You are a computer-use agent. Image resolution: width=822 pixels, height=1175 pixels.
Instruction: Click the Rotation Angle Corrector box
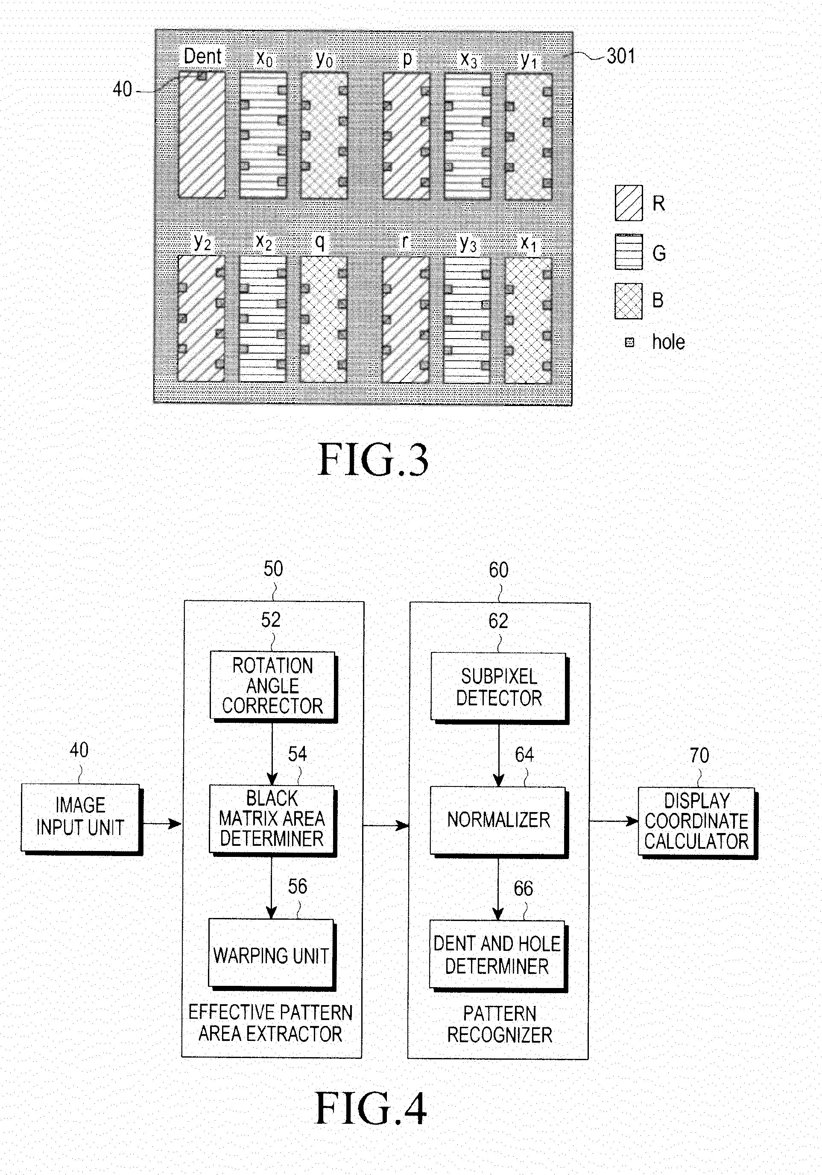click(x=273, y=686)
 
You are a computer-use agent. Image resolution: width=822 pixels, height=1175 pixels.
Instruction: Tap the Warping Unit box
click(x=272, y=954)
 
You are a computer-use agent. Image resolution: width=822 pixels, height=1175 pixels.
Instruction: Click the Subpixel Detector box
click(x=500, y=687)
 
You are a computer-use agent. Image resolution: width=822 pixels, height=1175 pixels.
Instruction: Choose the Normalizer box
click(x=498, y=821)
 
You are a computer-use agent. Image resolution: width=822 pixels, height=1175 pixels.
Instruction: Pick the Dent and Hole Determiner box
click(x=498, y=956)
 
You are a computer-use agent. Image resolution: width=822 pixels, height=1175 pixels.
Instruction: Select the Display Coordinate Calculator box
click(x=697, y=822)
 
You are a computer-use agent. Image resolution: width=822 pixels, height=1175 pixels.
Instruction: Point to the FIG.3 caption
click(x=373, y=459)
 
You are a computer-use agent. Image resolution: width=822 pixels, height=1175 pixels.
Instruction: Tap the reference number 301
click(x=621, y=56)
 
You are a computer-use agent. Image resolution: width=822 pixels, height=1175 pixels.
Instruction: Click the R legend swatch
click(x=629, y=203)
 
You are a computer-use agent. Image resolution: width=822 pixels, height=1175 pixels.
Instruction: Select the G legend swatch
click(x=629, y=252)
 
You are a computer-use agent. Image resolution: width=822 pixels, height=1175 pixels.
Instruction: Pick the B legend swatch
click(x=629, y=301)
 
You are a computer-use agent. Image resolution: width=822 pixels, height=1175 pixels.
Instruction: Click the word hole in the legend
click(x=668, y=342)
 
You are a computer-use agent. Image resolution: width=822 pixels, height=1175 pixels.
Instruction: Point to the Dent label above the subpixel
click(x=203, y=56)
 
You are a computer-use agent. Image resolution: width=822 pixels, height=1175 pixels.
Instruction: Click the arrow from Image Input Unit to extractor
click(x=162, y=824)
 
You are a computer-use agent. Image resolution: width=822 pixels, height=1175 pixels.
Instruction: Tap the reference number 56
click(x=297, y=886)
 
